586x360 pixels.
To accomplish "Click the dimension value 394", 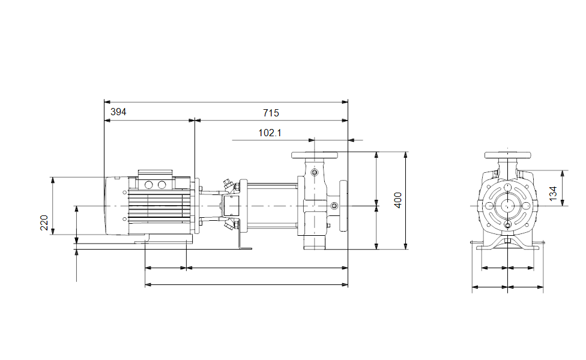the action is (x=118, y=112).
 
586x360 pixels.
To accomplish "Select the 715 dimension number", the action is (x=271, y=113).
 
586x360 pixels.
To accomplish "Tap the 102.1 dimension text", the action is (x=270, y=133).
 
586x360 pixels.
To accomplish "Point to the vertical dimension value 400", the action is (x=398, y=200).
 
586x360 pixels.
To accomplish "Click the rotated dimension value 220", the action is (x=44, y=223).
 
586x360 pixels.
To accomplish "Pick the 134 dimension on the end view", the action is (x=553, y=193).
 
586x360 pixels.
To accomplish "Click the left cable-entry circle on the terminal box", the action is (x=149, y=184).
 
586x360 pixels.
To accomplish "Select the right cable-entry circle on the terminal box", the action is (x=162, y=184).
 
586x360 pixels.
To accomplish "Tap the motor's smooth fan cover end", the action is (x=116, y=206).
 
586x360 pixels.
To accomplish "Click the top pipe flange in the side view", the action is (x=314, y=155).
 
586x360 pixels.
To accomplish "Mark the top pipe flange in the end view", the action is (x=507, y=155).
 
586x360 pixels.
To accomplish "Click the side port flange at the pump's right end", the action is (x=343, y=206).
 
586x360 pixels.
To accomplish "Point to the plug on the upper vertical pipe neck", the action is (x=314, y=172).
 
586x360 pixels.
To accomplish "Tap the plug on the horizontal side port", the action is (x=334, y=205).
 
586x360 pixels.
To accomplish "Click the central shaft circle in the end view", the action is (x=507, y=205).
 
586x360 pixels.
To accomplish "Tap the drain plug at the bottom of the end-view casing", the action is (x=507, y=224).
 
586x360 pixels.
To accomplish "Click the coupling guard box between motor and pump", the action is (x=229, y=206).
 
